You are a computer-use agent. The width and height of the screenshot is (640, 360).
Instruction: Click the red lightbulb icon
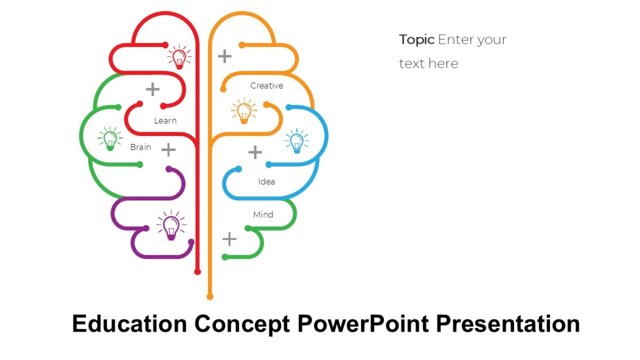pyautogui.click(x=180, y=57)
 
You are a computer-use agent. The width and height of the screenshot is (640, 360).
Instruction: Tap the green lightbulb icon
pyautogui.click(x=110, y=139)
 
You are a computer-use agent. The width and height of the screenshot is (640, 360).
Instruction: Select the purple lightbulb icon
pyautogui.click(x=171, y=225)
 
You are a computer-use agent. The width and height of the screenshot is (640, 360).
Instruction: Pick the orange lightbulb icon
pyautogui.click(x=244, y=111)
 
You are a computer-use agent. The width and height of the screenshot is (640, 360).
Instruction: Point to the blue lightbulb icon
pyautogui.click(x=297, y=141)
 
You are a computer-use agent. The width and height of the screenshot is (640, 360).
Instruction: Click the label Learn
pyautogui.click(x=165, y=121)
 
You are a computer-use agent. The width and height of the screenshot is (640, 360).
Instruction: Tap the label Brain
pyautogui.click(x=141, y=147)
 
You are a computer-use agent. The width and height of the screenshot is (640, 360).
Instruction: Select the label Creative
pyautogui.click(x=267, y=86)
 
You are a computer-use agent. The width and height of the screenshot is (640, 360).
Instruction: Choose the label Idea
pyautogui.click(x=267, y=182)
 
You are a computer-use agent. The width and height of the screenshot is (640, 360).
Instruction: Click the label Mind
pyautogui.click(x=263, y=215)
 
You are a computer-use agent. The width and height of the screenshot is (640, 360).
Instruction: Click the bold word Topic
pyautogui.click(x=417, y=39)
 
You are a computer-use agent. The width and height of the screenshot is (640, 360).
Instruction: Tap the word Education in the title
pyautogui.click(x=130, y=324)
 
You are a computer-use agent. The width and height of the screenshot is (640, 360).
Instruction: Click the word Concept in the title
pyautogui.click(x=243, y=324)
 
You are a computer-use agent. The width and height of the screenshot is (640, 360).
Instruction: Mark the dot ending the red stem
pyautogui.click(x=197, y=272)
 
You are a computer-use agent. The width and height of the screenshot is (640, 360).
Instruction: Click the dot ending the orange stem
pyautogui.click(x=210, y=297)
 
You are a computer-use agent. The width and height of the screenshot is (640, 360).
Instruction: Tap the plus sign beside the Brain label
pyautogui.click(x=169, y=150)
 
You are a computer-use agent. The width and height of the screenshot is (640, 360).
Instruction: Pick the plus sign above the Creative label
pyautogui.click(x=225, y=55)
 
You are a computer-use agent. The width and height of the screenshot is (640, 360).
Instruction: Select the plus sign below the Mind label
pyautogui.click(x=229, y=239)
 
